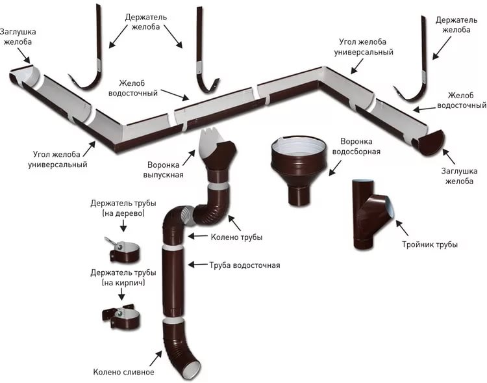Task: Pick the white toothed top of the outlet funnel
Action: pyautogui.click(x=214, y=139)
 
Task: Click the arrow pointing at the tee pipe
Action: pyautogui.click(x=402, y=228)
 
